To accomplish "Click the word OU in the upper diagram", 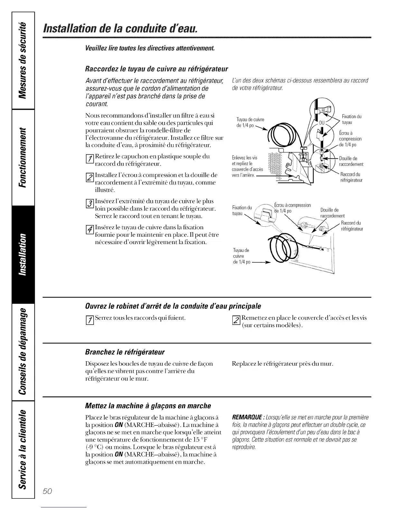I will (322, 123).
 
